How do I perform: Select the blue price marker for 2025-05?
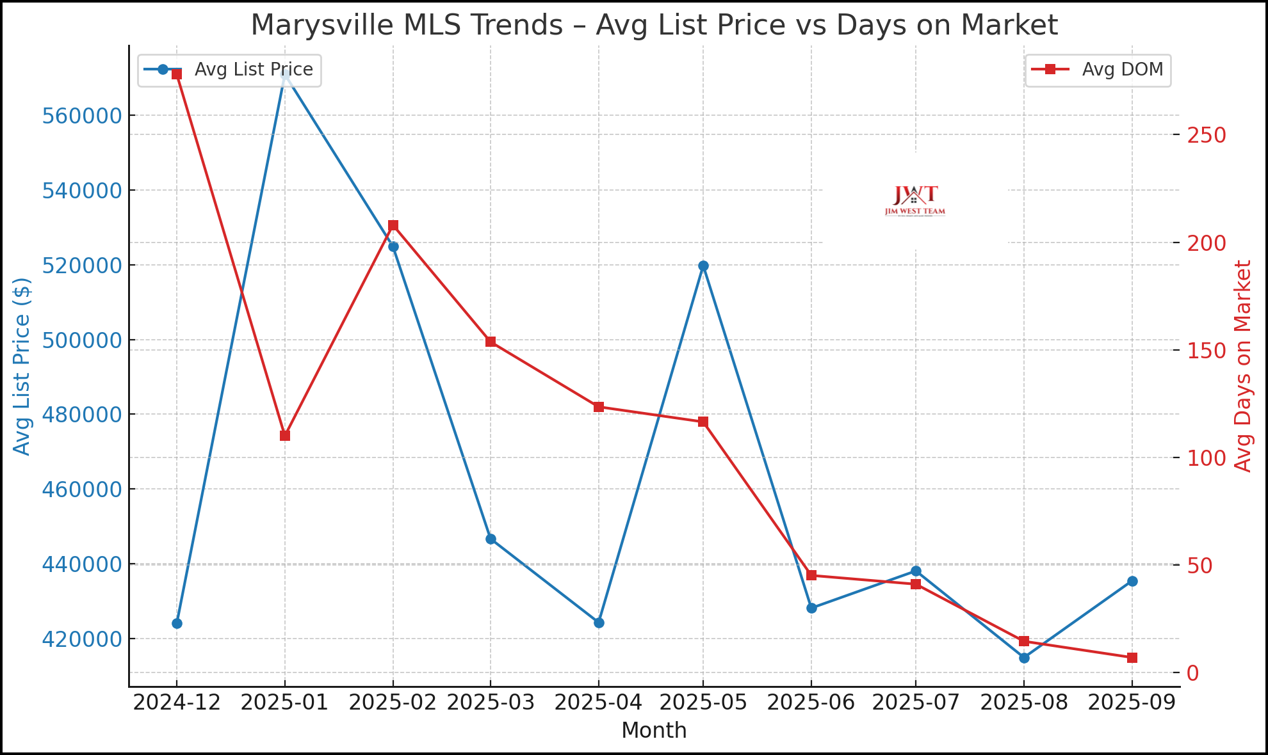coord(703,266)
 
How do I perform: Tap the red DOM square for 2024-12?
coord(177,74)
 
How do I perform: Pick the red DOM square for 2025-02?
coord(393,225)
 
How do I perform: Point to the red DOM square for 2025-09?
coord(1132,658)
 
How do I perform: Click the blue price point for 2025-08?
coord(1024,658)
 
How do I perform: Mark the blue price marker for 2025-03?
coord(491,539)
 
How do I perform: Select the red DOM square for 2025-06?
coord(811,575)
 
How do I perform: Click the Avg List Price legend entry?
coord(229,70)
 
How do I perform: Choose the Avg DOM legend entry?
coord(1098,70)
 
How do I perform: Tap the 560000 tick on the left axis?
coord(81,116)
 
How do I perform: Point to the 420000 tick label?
coord(81,639)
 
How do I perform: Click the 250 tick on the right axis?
coord(1207,135)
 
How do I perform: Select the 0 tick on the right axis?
coord(1192,672)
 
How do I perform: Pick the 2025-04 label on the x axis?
coord(598,703)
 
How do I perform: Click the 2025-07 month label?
coord(916,703)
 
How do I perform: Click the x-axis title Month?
coord(654,731)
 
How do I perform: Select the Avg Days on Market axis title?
coord(1243,366)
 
